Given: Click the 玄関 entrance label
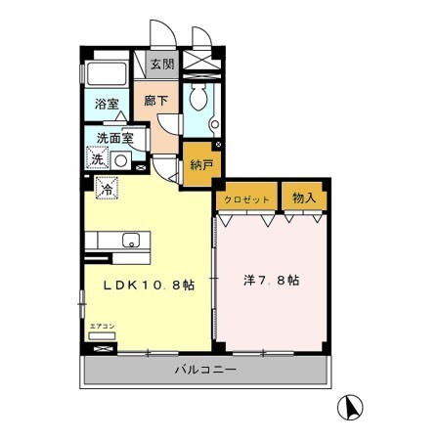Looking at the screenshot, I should [x=161, y=65].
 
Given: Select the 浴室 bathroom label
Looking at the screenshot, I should [x=106, y=103].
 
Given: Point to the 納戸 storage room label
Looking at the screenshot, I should [x=199, y=164].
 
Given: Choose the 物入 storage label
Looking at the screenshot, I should [x=303, y=198].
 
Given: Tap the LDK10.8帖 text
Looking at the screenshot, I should [x=150, y=284].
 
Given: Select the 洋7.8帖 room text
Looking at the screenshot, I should [x=271, y=281].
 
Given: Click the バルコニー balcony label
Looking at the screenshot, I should [x=205, y=369].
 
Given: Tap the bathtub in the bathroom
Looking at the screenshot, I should [x=104, y=75].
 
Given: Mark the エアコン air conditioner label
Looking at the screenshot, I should [x=102, y=326].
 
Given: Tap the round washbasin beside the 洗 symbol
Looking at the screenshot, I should [x=121, y=159].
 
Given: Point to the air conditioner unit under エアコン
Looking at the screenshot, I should [x=102, y=337].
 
